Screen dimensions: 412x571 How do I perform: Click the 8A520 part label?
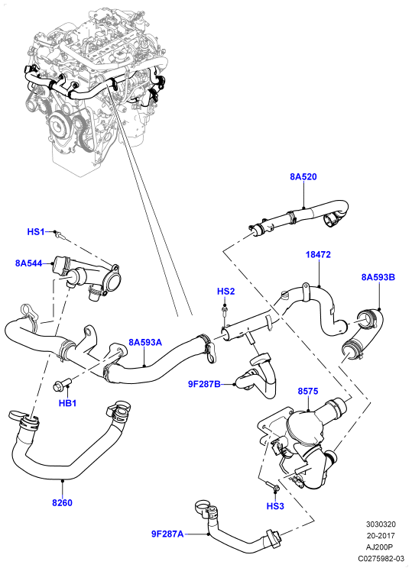303,176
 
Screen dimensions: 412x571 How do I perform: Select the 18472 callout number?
318,254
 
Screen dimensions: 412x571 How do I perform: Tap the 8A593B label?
378,277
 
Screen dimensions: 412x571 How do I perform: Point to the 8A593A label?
145,342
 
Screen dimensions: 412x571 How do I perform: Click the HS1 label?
36,231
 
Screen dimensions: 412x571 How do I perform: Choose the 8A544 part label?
29,263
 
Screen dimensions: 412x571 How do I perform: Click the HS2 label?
225,292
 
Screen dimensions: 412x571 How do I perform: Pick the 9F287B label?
204,384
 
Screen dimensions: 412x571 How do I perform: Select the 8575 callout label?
308,391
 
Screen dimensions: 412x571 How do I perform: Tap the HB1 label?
67,403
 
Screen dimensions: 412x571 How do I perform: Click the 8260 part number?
62,502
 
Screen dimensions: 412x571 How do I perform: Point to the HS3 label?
275,506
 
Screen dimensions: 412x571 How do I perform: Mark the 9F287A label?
167,534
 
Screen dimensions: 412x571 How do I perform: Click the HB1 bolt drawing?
61,384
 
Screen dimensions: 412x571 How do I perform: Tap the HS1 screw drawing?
60,235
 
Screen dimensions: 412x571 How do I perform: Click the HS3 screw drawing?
272,486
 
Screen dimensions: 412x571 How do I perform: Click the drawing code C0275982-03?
381,558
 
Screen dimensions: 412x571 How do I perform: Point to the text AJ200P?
381,547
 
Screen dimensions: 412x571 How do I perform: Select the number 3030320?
381,524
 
